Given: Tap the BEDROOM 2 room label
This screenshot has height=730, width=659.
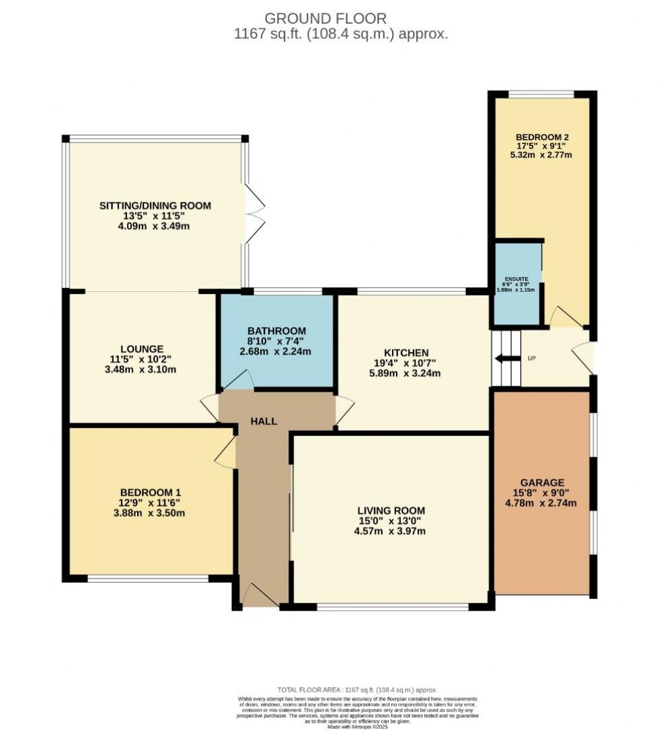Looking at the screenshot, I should (541, 133).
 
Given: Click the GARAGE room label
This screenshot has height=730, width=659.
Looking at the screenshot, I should (541, 482).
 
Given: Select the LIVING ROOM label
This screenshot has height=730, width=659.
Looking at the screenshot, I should (391, 511).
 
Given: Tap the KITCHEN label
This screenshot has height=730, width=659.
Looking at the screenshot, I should (406, 353).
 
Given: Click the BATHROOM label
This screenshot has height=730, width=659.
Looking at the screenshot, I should (276, 331).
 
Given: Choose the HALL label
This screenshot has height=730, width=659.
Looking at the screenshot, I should (264, 421).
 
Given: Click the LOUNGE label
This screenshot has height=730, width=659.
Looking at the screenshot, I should (142, 349).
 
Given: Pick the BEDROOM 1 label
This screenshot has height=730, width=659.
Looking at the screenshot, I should (151, 492).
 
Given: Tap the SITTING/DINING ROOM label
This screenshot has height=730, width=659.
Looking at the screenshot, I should (155, 205).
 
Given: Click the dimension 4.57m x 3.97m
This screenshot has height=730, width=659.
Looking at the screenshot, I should (391, 532).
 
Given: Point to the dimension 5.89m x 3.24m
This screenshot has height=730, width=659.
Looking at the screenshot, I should (406, 373).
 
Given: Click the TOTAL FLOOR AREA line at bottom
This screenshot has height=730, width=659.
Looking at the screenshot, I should (357, 690).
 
